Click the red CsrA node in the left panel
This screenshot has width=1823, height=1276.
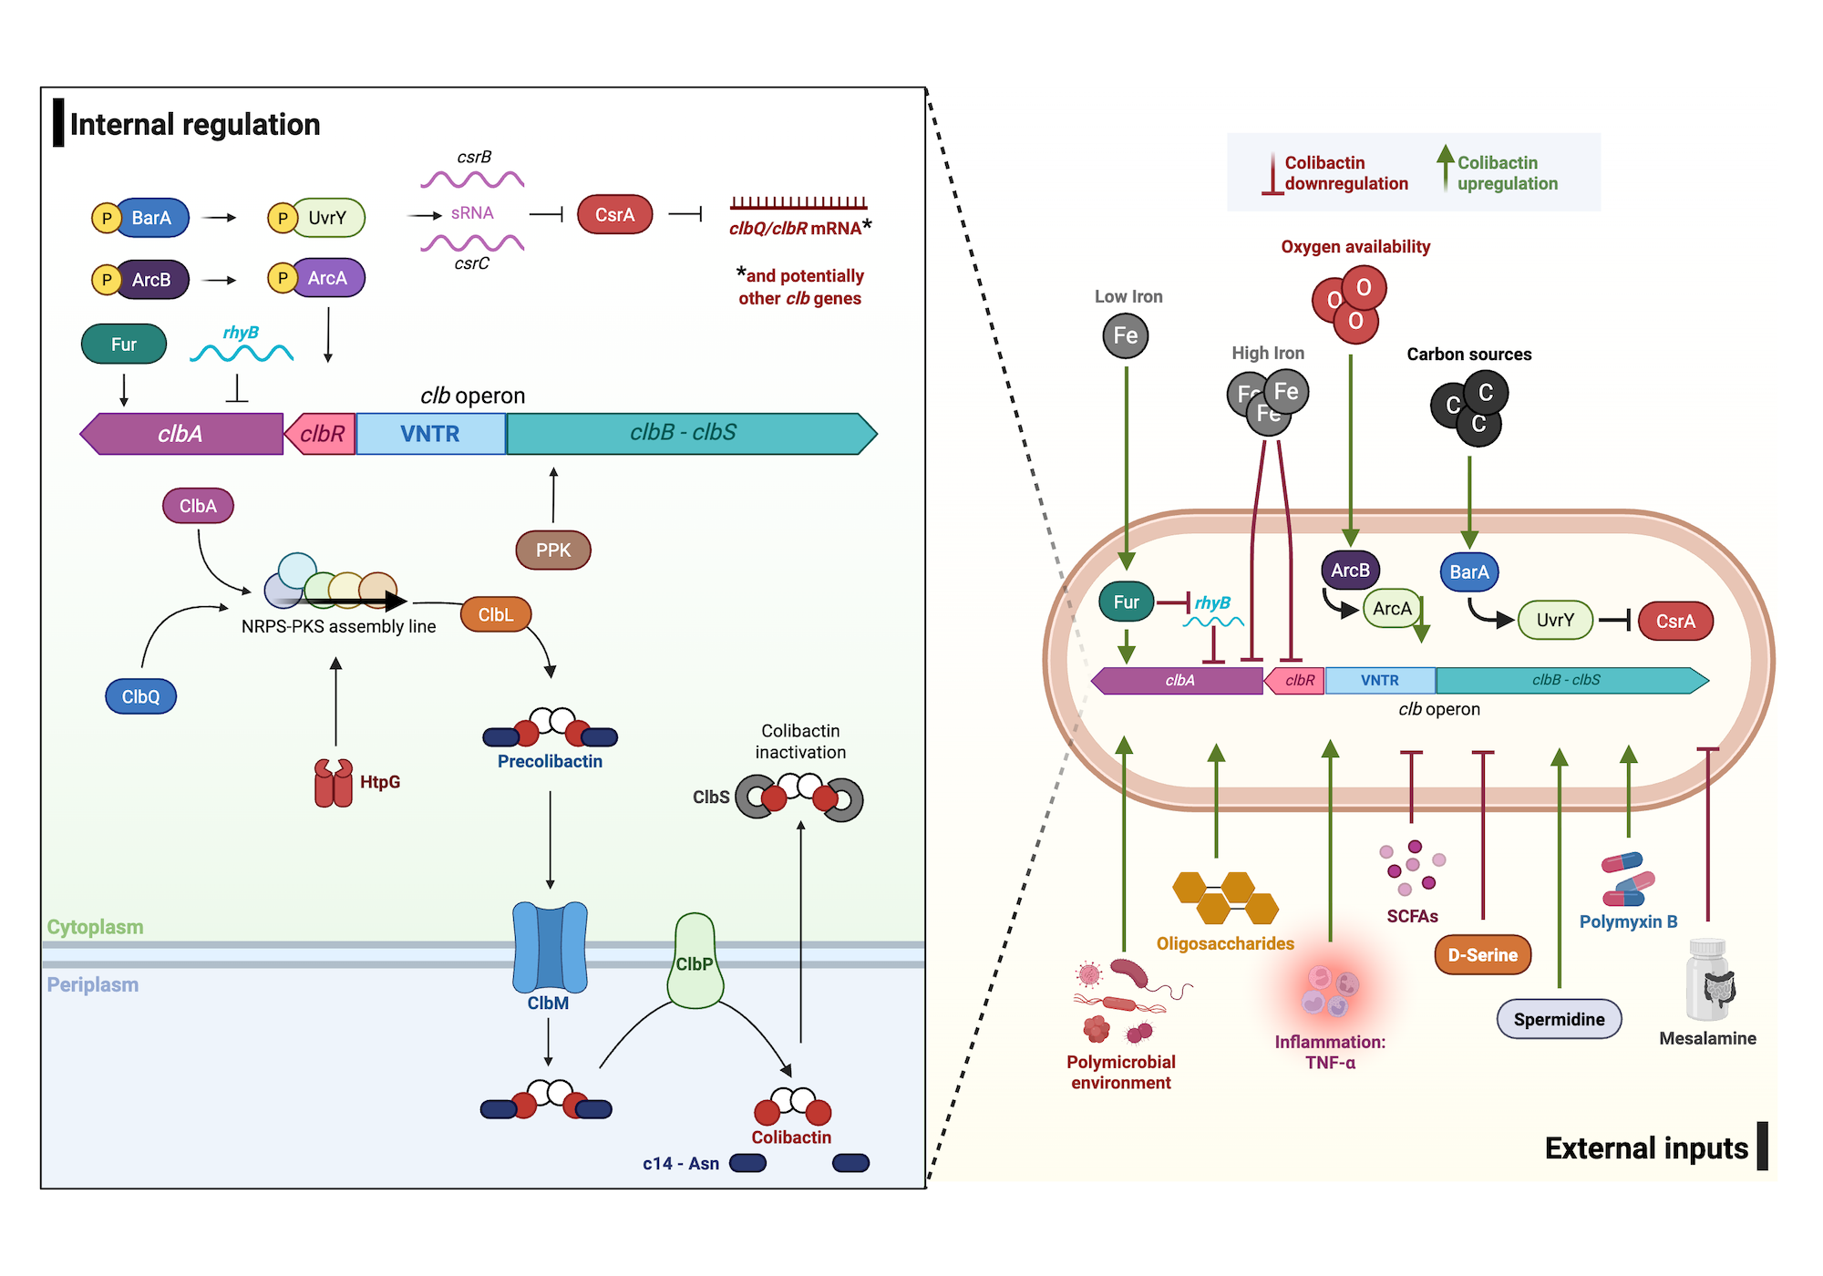click(x=614, y=215)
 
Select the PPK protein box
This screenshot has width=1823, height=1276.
click(x=553, y=550)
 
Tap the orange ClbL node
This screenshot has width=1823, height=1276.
click(x=496, y=614)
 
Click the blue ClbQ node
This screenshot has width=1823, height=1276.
click(x=140, y=696)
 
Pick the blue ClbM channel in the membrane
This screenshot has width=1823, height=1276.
click(x=550, y=948)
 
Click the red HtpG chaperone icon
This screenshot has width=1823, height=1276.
click(x=334, y=783)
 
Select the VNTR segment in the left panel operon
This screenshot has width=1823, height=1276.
click(x=430, y=434)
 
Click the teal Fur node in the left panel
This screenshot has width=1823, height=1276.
click(x=124, y=345)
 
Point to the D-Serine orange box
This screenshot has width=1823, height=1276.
click(x=1482, y=955)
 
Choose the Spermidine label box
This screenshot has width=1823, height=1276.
click(x=1559, y=1019)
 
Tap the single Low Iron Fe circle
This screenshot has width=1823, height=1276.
click(x=1125, y=335)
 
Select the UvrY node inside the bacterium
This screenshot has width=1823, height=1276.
click(x=1555, y=621)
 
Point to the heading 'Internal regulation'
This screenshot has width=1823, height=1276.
click(x=195, y=125)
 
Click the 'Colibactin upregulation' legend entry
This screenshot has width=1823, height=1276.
click(x=1506, y=173)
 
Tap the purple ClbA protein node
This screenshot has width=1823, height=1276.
click(x=198, y=506)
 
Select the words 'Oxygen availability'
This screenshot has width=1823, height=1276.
click(x=1355, y=247)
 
